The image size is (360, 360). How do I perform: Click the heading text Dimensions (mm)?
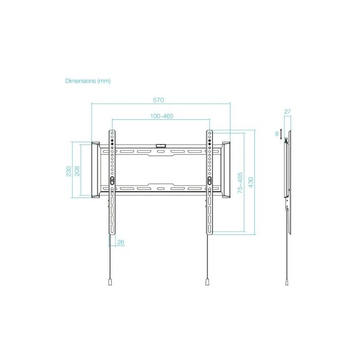pyautogui.click(x=87, y=81)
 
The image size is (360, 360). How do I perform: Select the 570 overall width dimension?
pyautogui.click(x=159, y=99)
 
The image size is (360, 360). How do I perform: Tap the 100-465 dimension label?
pyautogui.click(x=161, y=116)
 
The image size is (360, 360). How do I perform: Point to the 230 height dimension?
pyautogui.click(x=68, y=170)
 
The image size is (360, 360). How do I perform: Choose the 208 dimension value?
pyautogui.click(x=77, y=170)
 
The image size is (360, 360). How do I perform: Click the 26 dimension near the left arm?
pyautogui.click(x=121, y=242)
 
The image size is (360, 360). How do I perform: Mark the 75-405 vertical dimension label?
pyautogui.click(x=240, y=183)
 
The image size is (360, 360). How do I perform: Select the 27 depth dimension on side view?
pyautogui.click(x=287, y=112)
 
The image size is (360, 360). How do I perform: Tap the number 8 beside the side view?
pyautogui.click(x=277, y=134)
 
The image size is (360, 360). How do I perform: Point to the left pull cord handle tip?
pyautogui.click(x=110, y=282)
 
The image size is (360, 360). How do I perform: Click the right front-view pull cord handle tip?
pyautogui.click(x=207, y=282)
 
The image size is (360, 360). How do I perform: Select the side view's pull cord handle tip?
pyautogui.click(x=286, y=282)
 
